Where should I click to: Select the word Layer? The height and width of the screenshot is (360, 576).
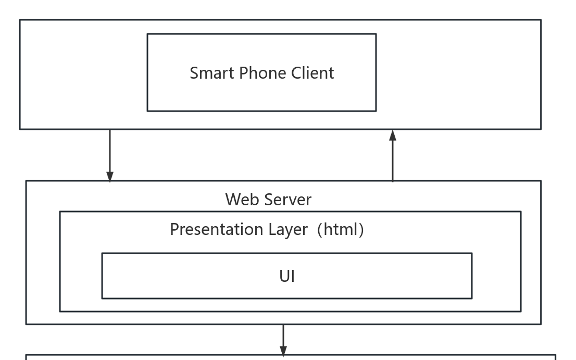click(287, 229)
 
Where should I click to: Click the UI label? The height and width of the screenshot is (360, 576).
click(287, 276)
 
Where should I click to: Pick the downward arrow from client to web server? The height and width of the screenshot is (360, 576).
click(110, 154)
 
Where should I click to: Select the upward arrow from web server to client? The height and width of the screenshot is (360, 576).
click(393, 156)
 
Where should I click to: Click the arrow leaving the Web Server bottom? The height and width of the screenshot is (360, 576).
click(283, 339)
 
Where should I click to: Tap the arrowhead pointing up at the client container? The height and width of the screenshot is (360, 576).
click(393, 135)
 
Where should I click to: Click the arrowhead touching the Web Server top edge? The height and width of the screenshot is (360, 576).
click(110, 177)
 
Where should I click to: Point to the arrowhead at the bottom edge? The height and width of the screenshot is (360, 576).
click(283, 352)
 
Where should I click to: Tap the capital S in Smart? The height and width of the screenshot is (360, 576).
click(194, 73)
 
